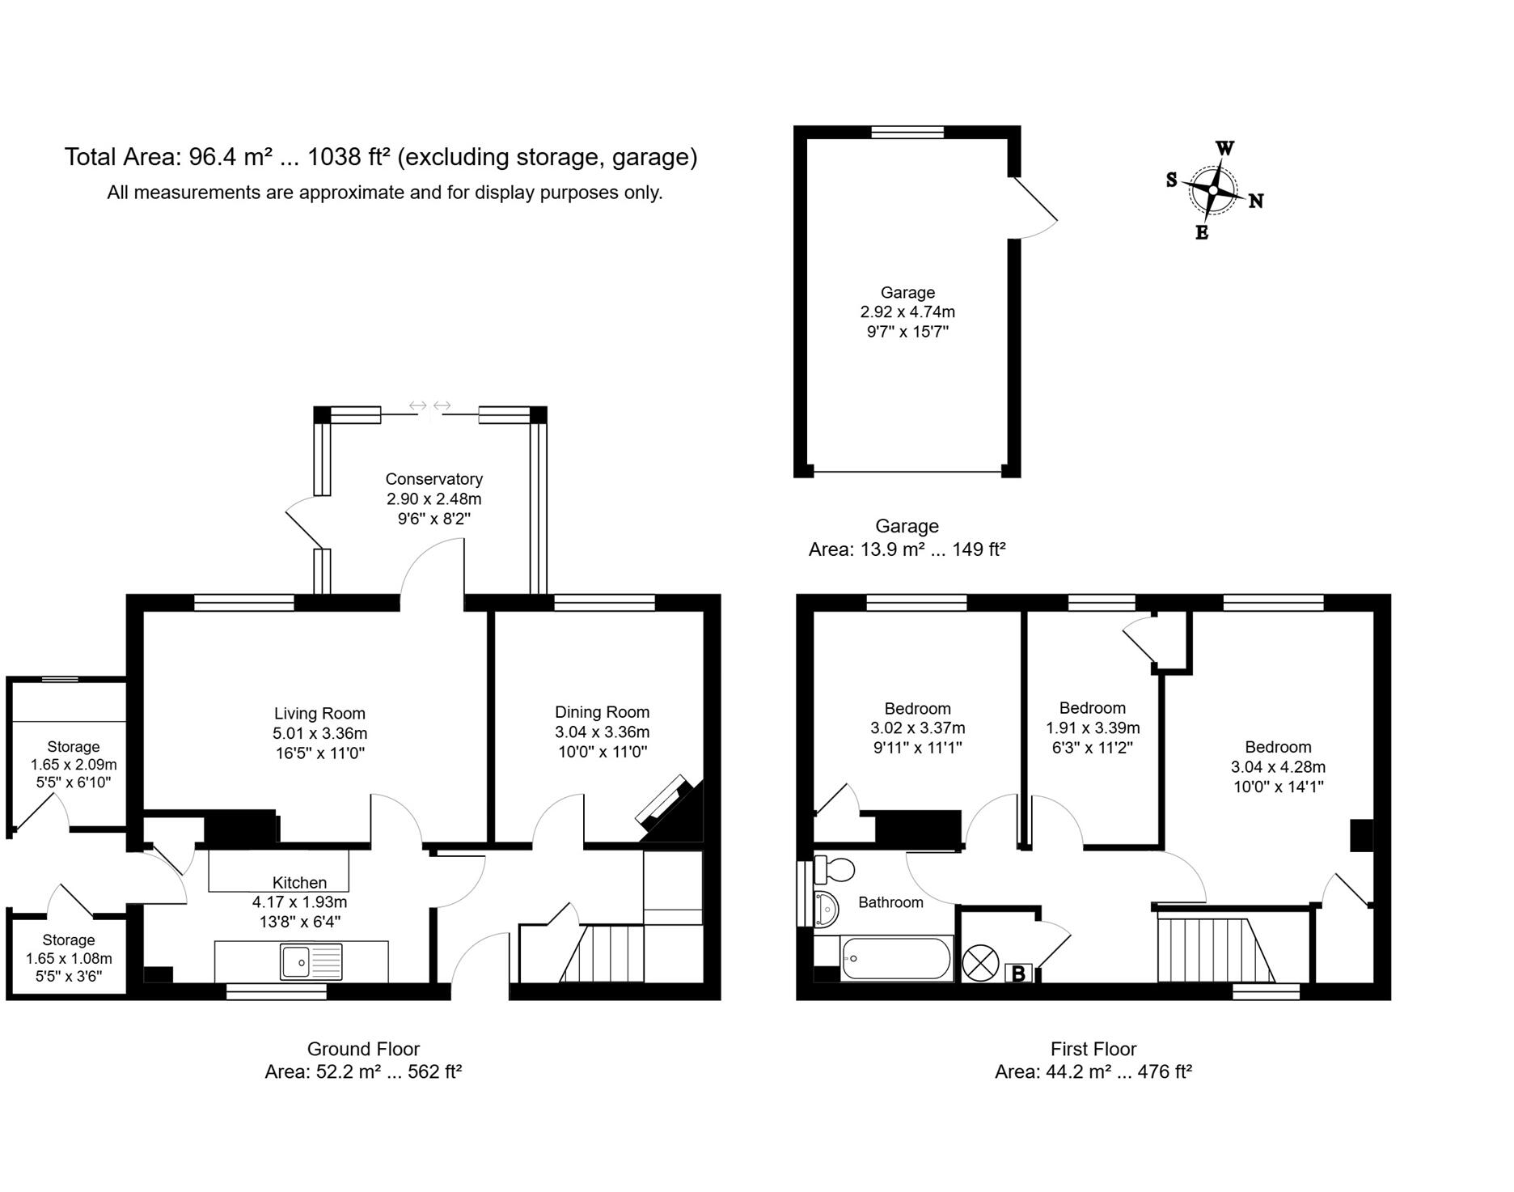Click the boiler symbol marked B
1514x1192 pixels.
pyautogui.click(x=1018, y=974)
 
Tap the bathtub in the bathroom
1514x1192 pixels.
pyautogui.click(x=896, y=958)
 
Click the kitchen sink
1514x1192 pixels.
pyautogui.click(x=311, y=961)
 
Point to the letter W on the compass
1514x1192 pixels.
pyautogui.click(x=1225, y=148)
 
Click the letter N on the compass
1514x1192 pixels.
pyautogui.click(x=1256, y=201)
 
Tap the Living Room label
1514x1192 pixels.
pyautogui.click(x=319, y=714)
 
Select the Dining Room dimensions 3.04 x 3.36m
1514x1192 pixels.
pyautogui.click(x=602, y=732)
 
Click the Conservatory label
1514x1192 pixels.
pyautogui.click(x=433, y=479)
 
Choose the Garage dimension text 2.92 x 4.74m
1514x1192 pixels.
pyautogui.click(x=907, y=312)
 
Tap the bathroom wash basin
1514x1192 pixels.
pyautogui.click(x=827, y=908)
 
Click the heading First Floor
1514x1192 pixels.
pyautogui.click(x=1093, y=1050)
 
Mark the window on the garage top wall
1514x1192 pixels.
pyautogui.click(x=907, y=132)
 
